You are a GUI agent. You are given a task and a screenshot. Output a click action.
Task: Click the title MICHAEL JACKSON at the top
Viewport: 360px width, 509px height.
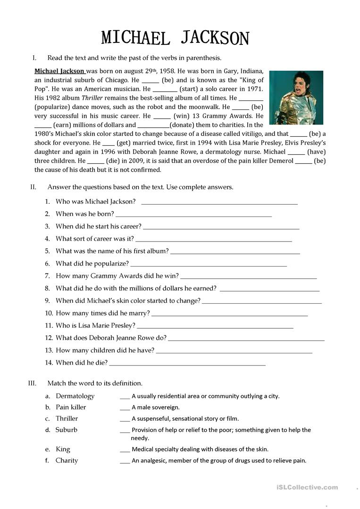pos(175,37)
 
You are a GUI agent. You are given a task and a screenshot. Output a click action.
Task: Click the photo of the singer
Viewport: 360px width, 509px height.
pos(296,98)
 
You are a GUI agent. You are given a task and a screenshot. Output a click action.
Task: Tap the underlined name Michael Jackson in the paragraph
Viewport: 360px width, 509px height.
pos(59,71)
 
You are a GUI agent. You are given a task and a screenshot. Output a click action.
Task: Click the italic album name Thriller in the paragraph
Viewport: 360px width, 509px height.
pos(92,98)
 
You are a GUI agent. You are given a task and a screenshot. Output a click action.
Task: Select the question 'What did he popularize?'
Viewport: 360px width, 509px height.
pos(92,263)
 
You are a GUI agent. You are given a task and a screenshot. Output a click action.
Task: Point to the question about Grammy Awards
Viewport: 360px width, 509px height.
pos(117,276)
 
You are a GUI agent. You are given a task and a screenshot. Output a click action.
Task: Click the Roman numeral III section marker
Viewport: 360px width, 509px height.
pos(32,383)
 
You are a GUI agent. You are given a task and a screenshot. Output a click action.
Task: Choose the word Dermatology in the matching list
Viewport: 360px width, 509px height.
pos(75,396)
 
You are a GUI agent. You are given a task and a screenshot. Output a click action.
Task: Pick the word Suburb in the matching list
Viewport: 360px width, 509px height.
pos(67,430)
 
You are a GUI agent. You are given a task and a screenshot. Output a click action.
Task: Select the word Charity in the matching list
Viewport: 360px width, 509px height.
pos(67,460)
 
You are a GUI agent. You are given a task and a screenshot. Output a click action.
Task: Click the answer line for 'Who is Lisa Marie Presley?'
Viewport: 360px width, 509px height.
pos(215,326)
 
